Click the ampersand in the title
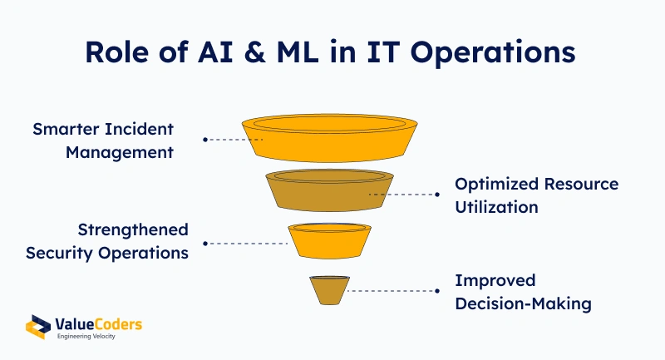pos(254,52)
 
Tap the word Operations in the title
pos(493,53)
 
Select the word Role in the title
pos(117,52)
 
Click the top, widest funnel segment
pos(329,138)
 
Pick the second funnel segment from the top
pos(329,190)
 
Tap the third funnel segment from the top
pos(329,241)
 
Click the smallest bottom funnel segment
pos(329,290)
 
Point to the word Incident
pos(139,129)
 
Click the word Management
pos(120,153)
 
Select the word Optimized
pos(497,185)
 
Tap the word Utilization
pos(496,207)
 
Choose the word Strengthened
pos(133,230)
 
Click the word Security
pos(59,254)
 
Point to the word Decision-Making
pos(524,304)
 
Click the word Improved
pos(495,281)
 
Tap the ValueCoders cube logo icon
pos(38,327)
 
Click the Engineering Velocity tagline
pos(86,336)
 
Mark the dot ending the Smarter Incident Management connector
pos(205,140)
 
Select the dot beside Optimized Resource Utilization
pos(437,195)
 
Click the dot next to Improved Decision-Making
pos(437,291)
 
